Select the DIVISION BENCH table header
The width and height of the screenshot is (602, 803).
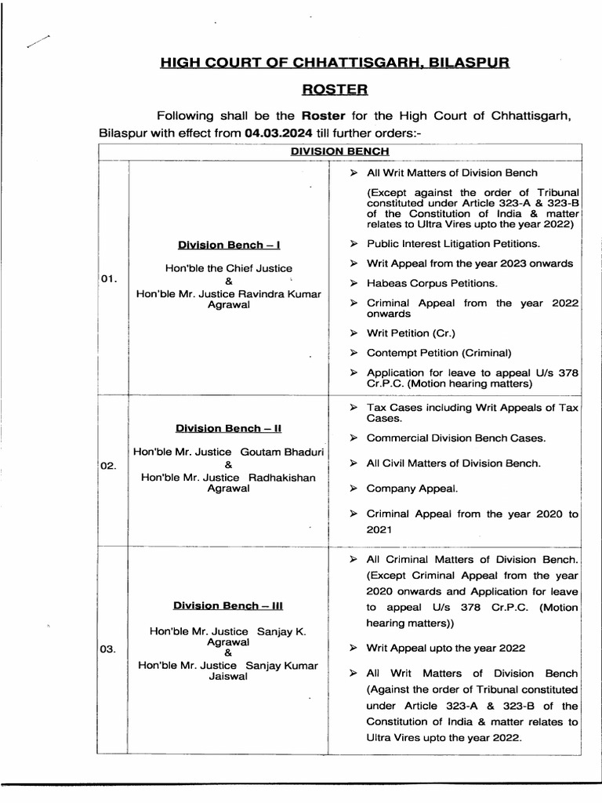click(x=339, y=151)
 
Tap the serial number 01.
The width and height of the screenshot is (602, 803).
click(x=109, y=280)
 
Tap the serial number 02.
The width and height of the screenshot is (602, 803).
click(x=109, y=466)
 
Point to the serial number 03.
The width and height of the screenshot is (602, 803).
click(x=109, y=649)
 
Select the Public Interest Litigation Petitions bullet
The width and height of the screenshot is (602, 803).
click(x=453, y=244)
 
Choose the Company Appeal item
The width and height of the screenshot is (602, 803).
click(x=412, y=489)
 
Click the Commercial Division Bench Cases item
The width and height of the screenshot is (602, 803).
click(x=456, y=438)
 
